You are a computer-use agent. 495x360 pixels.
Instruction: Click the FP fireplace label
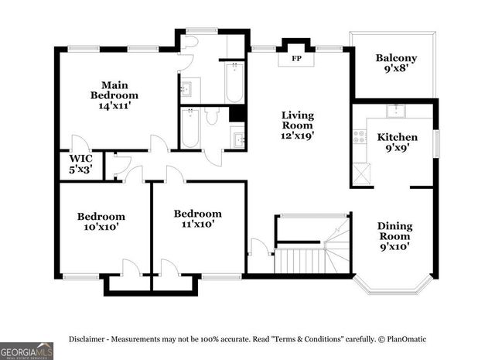coord(295,59)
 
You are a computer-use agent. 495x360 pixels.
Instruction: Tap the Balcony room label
coord(396,58)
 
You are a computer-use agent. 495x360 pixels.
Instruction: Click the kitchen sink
coord(397,110)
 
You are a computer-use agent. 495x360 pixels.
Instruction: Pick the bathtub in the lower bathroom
coord(190,128)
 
